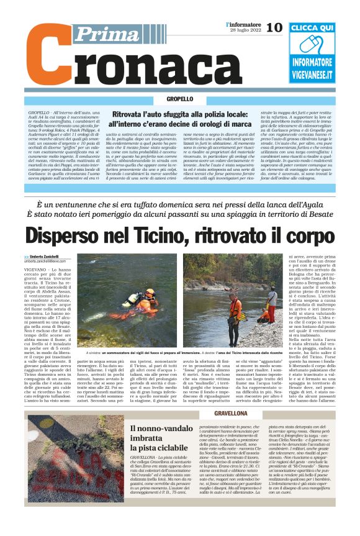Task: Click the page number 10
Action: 274,27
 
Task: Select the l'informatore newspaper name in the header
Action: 242,24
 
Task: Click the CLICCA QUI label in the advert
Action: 312,28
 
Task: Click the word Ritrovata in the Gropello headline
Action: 130,114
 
